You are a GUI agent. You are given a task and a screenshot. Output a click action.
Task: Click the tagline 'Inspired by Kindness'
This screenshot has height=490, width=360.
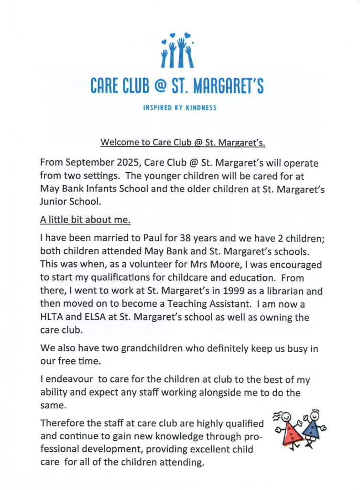(180, 108)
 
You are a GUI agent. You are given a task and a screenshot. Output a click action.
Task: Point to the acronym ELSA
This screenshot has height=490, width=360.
(91, 317)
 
